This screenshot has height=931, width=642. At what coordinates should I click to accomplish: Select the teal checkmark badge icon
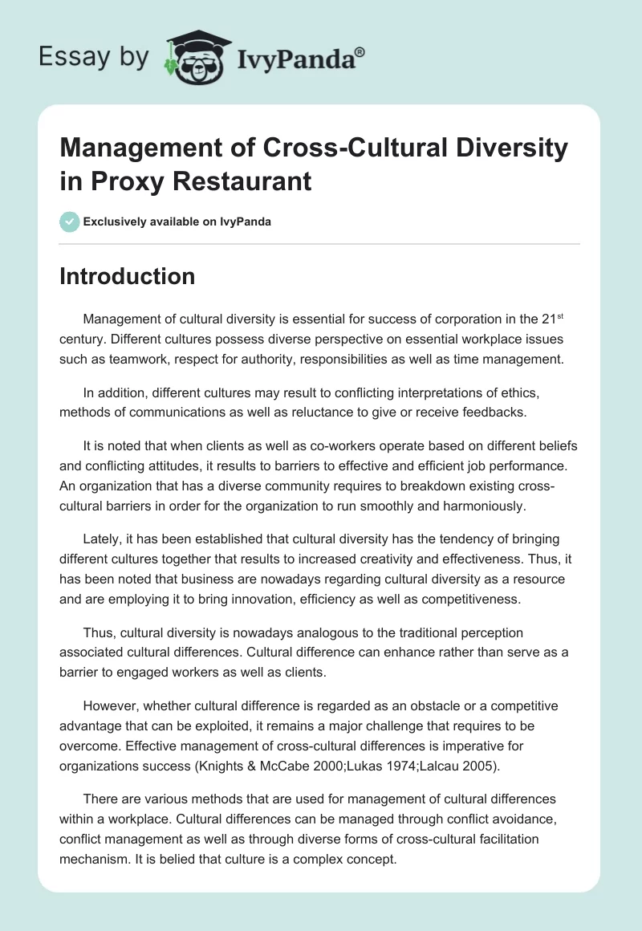tap(70, 222)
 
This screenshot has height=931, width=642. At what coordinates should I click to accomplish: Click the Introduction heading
tap(128, 276)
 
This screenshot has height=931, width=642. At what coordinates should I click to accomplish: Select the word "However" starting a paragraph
tap(111, 706)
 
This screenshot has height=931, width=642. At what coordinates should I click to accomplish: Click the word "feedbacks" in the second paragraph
tap(484, 413)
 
